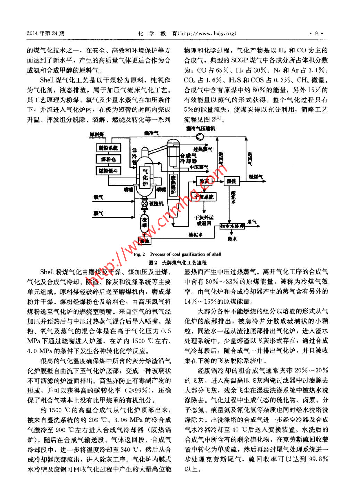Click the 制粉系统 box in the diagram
108,148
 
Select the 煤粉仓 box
108,159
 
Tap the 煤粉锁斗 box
108,171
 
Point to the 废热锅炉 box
173,184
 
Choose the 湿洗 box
231,181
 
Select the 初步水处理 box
232,226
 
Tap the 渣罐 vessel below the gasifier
144,222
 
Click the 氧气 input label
98,197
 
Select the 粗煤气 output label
256,177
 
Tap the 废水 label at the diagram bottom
232,239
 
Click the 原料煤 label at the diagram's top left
97,134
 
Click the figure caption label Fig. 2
139,254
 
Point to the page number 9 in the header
316,33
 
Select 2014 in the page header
33,33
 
